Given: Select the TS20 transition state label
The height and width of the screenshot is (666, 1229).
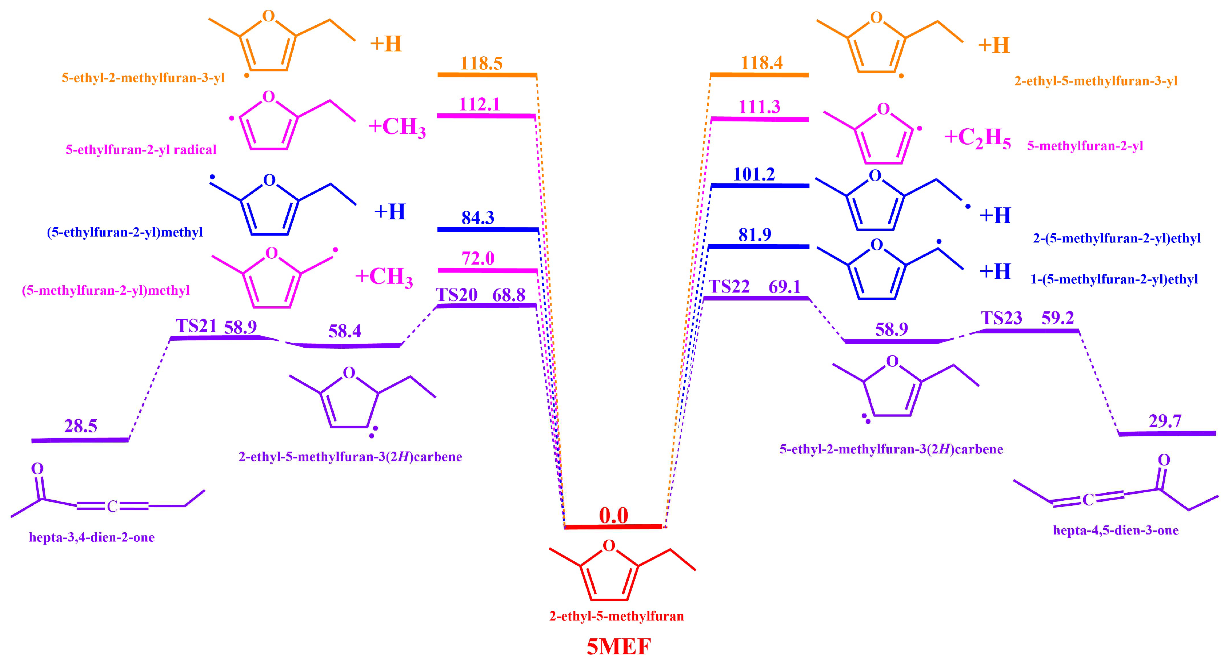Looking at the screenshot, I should (x=457, y=295).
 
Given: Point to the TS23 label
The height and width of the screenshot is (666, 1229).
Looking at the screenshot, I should (x=1001, y=318).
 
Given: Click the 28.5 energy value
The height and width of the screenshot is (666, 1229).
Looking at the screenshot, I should (x=81, y=426).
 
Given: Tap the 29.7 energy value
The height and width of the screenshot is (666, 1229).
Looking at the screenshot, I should (x=1165, y=421).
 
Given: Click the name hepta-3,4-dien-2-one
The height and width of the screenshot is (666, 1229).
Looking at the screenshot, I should (x=92, y=538).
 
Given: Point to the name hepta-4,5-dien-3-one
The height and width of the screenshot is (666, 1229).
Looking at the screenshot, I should (x=1116, y=530).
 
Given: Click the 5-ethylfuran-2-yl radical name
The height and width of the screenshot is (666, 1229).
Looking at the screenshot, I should (x=141, y=150).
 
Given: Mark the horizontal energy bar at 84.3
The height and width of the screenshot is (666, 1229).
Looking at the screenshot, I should (x=488, y=230).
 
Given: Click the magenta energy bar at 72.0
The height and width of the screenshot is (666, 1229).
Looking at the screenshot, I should (x=488, y=271).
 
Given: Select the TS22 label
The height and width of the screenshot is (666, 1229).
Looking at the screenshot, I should (x=729, y=287).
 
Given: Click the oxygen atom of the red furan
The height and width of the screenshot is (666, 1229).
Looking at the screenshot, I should (x=609, y=546).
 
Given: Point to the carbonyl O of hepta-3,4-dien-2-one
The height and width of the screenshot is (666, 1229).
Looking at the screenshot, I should (x=37, y=469).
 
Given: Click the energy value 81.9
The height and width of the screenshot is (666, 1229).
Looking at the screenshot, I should (x=755, y=235).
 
